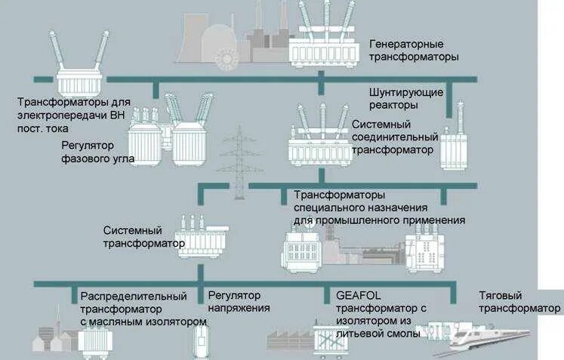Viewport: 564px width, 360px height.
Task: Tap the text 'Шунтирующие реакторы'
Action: (406, 98)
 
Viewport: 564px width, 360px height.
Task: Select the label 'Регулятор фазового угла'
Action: (99, 151)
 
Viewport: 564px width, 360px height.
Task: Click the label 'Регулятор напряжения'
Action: (239, 301)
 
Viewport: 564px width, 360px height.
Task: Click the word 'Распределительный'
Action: (134, 295)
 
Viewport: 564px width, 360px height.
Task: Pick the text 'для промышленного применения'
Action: (379, 220)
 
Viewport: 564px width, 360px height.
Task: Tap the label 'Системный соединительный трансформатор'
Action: (395, 137)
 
